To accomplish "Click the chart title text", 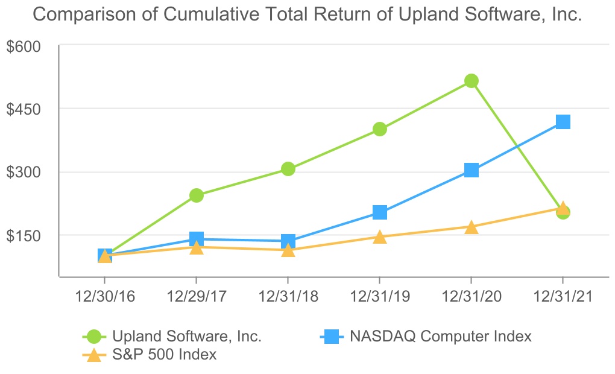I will (x=307, y=14).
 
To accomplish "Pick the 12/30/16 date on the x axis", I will (x=104, y=297).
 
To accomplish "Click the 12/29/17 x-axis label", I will (x=196, y=297).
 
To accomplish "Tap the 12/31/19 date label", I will (x=379, y=297).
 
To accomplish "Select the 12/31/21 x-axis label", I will (x=563, y=297).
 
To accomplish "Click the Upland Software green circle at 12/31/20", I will (x=471, y=81).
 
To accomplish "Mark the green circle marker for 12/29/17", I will (x=197, y=195).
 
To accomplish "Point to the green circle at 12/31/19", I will (x=380, y=129).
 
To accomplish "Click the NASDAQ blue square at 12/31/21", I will (x=563, y=122).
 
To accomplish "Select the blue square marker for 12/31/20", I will (x=471, y=170).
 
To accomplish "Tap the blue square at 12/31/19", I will (x=380, y=212).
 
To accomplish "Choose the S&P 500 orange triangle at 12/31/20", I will (x=471, y=227).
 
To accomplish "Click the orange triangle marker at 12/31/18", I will (x=288, y=250).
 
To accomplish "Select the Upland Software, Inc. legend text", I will (x=187, y=337).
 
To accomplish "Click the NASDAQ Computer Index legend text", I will (x=441, y=337).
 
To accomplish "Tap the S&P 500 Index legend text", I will (x=164, y=355).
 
